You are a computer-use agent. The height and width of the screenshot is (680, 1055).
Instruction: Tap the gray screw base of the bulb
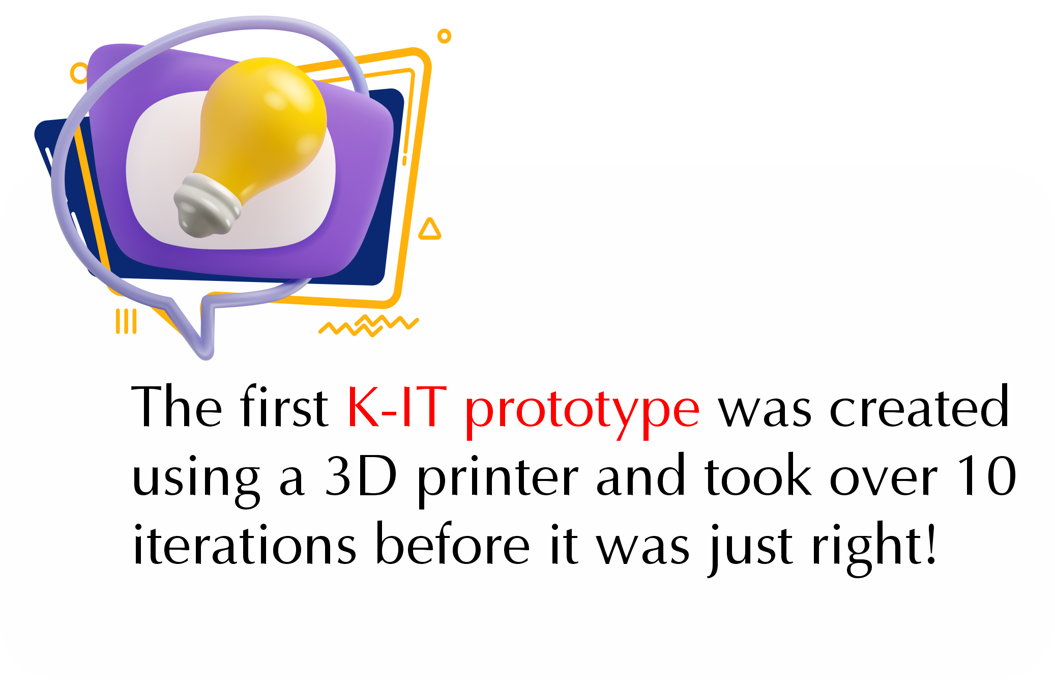(206, 206)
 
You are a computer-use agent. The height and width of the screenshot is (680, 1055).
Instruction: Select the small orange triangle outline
(429, 230)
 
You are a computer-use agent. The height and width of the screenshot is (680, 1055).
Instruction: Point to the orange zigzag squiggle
(369, 326)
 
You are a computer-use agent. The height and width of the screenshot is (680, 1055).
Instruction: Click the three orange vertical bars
(126, 321)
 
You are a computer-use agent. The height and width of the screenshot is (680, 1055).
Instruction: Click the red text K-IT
(397, 407)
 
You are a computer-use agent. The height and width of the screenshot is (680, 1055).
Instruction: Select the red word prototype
(582, 412)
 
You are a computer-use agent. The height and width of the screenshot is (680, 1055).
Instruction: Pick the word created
(919, 406)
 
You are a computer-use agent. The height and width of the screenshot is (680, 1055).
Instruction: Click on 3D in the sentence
(361, 475)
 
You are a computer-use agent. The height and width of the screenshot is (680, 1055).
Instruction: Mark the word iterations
(244, 544)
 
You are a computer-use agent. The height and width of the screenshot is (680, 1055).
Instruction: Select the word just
(751, 549)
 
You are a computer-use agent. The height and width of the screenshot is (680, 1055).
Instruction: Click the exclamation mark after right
(931, 544)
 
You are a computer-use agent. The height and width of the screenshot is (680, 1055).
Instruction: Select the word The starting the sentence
(177, 406)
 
